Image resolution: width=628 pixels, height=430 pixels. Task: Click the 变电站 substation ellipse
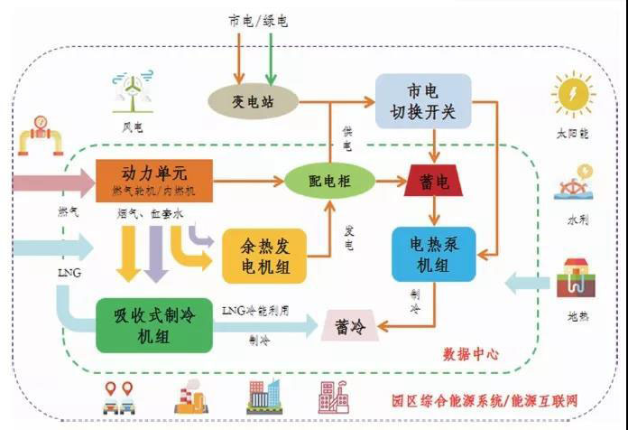254,99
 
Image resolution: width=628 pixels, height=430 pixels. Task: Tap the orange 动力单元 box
153,179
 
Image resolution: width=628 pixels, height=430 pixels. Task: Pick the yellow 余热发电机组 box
264,254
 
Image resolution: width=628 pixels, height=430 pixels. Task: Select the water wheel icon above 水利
574,186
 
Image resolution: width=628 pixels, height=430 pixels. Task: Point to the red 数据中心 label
471,355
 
